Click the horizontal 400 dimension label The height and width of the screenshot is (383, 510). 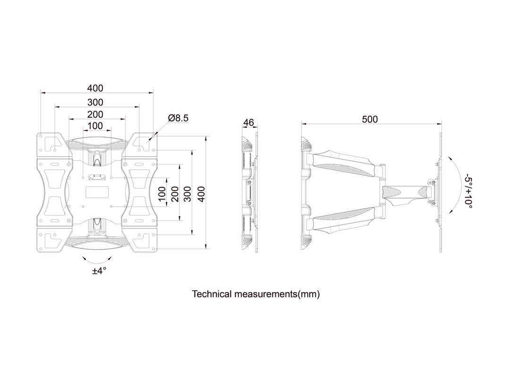pyautogui.click(x=95, y=88)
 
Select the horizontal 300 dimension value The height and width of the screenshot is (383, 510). pyautogui.click(x=95, y=102)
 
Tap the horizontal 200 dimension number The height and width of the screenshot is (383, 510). pyautogui.click(x=95, y=114)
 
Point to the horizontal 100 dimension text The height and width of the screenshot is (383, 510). pyautogui.click(x=95, y=126)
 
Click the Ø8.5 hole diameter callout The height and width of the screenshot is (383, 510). pyautogui.click(x=178, y=118)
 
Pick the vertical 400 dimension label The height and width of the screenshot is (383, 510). pyautogui.click(x=202, y=193)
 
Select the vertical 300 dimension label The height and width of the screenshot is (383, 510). pyautogui.click(x=188, y=193)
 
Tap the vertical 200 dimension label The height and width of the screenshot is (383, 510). pyautogui.click(x=175, y=193)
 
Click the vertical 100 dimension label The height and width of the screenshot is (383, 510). pyautogui.click(x=162, y=193)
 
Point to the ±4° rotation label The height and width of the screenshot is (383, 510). pyautogui.click(x=99, y=271)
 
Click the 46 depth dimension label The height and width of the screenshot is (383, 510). pyautogui.click(x=248, y=123)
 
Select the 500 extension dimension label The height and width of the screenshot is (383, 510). pyautogui.click(x=370, y=119)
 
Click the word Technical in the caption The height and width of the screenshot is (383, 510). pyautogui.click(x=212, y=294)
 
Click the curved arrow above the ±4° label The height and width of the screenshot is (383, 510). pyautogui.click(x=97, y=260)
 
